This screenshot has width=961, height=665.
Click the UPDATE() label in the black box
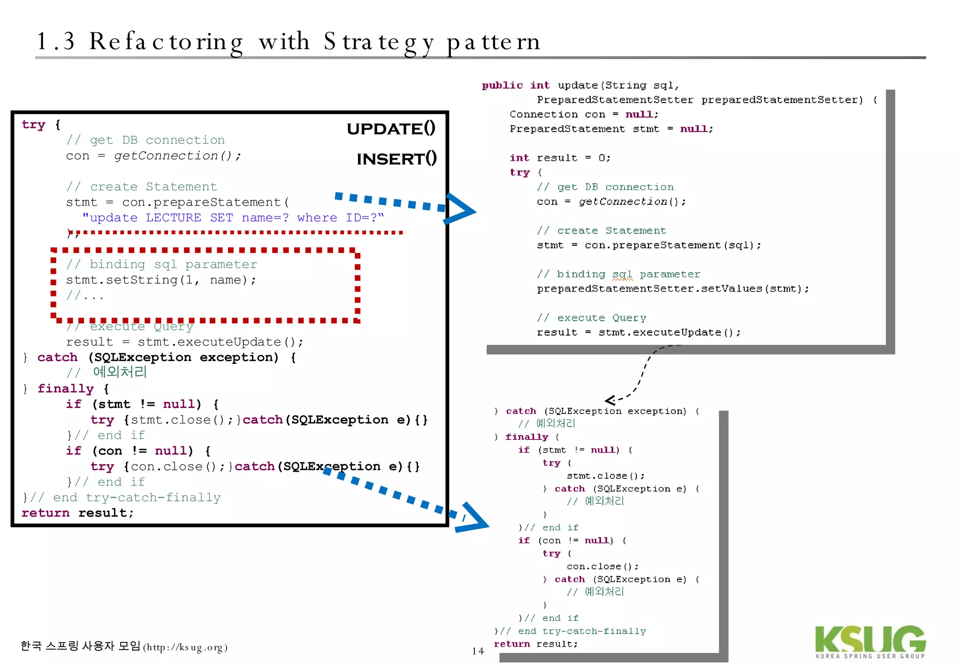click(x=391, y=128)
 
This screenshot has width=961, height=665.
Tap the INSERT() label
click(x=397, y=159)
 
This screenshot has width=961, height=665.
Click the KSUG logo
click(x=870, y=642)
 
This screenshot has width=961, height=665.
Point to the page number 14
click(x=478, y=651)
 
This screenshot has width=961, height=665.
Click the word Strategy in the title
click(x=379, y=42)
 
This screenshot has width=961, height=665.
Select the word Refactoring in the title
click(x=166, y=42)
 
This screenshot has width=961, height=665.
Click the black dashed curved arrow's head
click(x=610, y=400)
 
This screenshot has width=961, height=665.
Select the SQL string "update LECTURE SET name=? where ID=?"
click(x=233, y=218)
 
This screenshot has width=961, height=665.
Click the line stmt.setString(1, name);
click(x=161, y=280)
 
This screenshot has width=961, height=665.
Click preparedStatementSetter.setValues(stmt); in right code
click(x=673, y=289)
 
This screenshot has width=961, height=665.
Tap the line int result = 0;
click(x=560, y=158)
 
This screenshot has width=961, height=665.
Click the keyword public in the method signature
click(x=502, y=85)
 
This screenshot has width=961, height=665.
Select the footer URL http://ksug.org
click(x=185, y=648)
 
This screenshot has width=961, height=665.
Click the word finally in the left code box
click(x=66, y=389)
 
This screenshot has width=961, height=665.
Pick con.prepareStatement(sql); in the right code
click(x=672, y=245)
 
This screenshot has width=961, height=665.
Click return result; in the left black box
click(x=77, y=513)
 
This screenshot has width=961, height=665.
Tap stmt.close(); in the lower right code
click(x=605, y=476)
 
